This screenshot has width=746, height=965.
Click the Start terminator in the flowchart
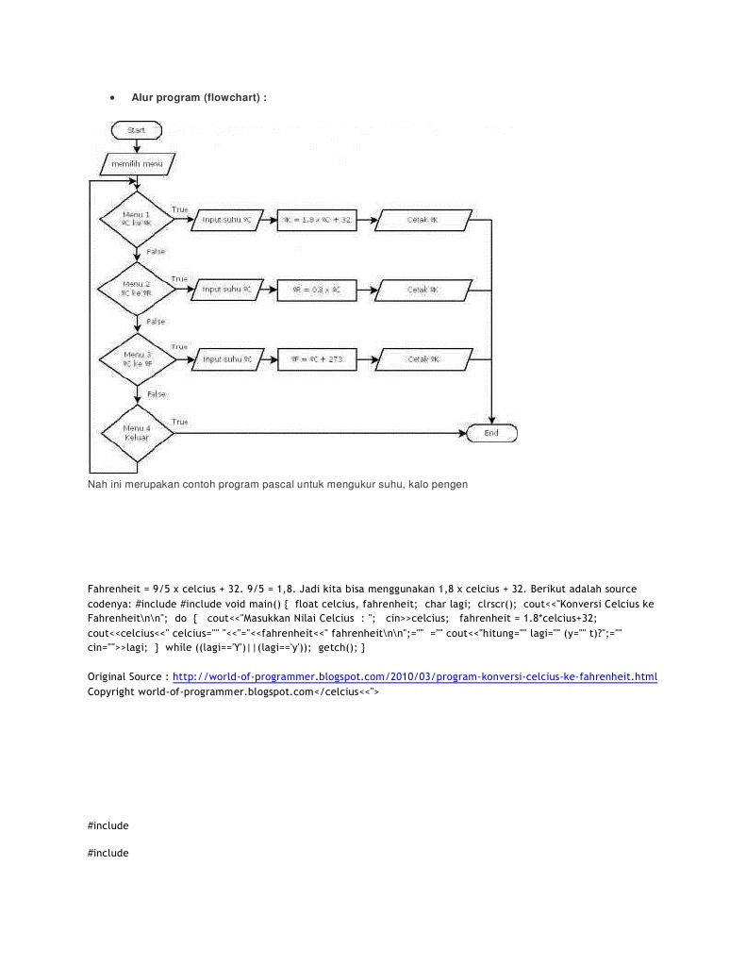tap(136, 129)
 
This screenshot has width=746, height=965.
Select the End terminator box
tap(491, 433)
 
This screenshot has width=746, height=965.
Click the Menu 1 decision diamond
tap(138, 219)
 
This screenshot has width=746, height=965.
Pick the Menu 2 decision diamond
tap(138, 288)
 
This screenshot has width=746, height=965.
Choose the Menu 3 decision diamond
tap(138, 358)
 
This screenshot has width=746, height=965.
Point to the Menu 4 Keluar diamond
tap(138, 433)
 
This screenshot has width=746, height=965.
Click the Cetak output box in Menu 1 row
tap(422, 220)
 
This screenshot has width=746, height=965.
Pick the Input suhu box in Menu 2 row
tap(227, 290)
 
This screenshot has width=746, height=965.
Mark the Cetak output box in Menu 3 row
tap(422, 359)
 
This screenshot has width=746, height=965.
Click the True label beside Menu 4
tap(179, 422)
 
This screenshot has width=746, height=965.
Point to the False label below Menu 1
tap(156, 252)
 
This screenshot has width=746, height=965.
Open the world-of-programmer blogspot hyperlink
tap(415, 676)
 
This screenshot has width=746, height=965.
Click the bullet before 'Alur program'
tap(112, 97)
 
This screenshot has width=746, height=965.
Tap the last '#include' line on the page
tap(108, 853)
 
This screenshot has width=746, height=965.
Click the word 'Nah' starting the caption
tap(97, 484)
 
